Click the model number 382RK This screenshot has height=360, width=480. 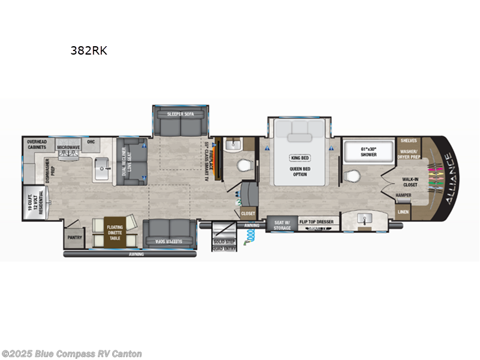[89, 51]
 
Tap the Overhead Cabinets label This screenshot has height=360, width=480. [40, 145]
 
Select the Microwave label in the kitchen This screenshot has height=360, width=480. [69, 146]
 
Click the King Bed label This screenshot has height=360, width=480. [299, 158]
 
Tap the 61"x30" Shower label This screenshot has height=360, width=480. [369, 151]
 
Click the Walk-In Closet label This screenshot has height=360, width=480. [410, 181]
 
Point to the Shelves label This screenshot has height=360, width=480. [410, 141]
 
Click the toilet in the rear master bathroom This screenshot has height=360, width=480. [353, 176]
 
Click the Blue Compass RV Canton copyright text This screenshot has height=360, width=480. [71, 353]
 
